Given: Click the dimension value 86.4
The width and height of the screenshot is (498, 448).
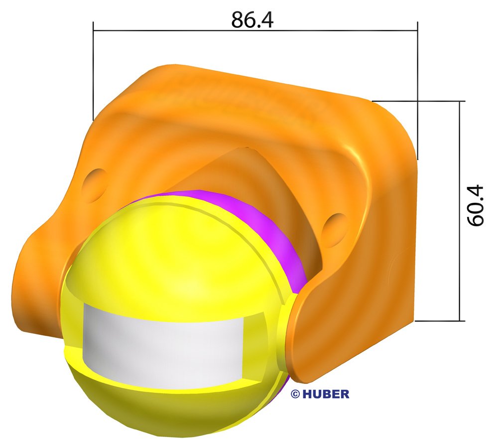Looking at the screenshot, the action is coord(252,20).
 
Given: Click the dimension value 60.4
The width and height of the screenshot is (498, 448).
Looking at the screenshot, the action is coord(476,206).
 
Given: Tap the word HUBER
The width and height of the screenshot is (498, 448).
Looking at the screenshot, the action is coord(326,394).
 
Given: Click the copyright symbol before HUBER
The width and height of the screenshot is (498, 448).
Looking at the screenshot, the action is coord(295,394).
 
